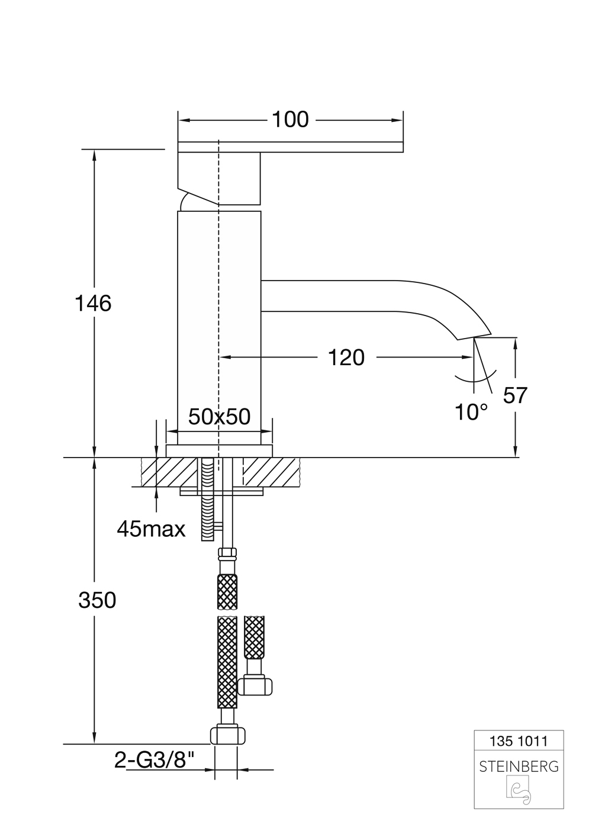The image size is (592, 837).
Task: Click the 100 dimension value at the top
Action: tap(290, 120)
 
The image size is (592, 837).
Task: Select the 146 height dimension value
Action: tap(93, 304)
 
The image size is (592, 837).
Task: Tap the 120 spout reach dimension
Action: tap(346, 358)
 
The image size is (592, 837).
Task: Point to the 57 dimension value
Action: tap(514, 395)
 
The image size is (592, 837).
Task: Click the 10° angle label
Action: tap(471, 413)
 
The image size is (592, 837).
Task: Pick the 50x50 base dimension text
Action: tap(220, 417)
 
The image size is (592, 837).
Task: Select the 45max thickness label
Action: tap(151, 529)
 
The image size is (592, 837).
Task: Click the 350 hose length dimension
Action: tap(97, 600)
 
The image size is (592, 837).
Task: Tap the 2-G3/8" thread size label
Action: tap(155, 760)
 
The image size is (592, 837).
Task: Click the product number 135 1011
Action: tap(519, 741)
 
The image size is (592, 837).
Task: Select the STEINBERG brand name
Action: tap(519, 767)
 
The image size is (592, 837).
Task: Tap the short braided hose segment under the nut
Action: tap(228, 592)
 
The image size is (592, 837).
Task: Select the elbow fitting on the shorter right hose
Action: tap(256, 685)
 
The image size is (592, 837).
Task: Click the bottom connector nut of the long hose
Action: tap(228, 735)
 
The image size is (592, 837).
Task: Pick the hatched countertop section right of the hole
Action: tap(270, 472)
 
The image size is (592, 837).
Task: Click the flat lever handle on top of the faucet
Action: tap(290, 146)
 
